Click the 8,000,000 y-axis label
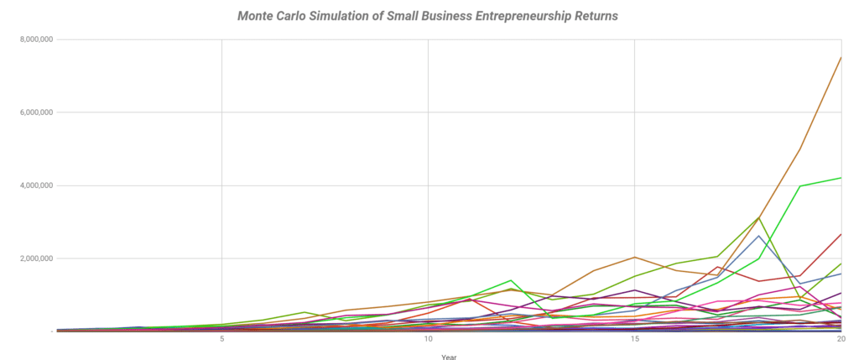coord(34,39)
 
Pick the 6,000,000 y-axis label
coord(34,112)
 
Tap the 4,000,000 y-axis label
coord(34,185)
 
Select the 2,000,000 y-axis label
coord(34,258)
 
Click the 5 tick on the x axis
coord(221,339)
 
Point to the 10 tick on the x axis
coord(428,339)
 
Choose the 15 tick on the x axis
coord(634,339)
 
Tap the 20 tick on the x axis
coord(841,339)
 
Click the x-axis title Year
coord(450,356)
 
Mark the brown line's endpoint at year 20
coord(841,57)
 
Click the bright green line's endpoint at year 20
coord(841,178)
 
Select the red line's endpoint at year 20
coord(841,234)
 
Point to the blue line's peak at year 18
coord(758,236)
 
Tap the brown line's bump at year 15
coord(635,257)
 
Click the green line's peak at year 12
coord(511,280)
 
